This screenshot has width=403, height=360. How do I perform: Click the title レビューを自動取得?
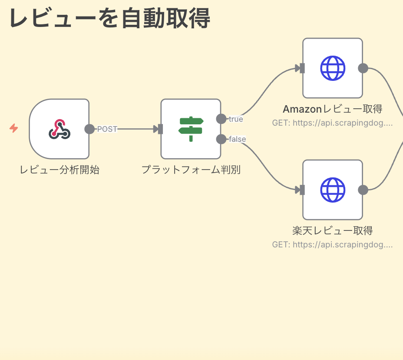[x=109, y=19]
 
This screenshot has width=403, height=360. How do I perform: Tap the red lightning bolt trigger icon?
[x=14, y=128]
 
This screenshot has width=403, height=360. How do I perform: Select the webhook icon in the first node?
[x=59, y=129]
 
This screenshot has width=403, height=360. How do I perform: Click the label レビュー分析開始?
[x=59, y=170]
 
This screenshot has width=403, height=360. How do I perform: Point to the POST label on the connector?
[x=107, y=129]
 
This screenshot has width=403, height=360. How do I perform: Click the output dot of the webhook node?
[x=89, y=129]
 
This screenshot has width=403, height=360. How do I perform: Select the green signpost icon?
[x=191, y=129]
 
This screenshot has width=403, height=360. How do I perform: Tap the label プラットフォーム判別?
[x=191, y=170]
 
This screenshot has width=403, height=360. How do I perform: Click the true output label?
[x=236, y=119]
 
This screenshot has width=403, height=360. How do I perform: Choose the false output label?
[x=237, y=139]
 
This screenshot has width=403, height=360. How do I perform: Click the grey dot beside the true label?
[x=221, y=119]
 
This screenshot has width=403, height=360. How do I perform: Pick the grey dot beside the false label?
[x=221, y=139]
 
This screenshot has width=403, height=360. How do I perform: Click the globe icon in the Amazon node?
[x=333, y=68]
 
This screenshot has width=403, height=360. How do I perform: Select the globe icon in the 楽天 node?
[x=333, y=190]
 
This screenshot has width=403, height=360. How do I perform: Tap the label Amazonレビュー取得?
[x=332, y=109]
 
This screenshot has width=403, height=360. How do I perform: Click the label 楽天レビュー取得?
[x=332, y=230]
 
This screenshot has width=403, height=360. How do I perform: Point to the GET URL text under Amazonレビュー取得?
[x=332, y=123]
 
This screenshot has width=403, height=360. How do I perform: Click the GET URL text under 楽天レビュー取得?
[x=332, y=245]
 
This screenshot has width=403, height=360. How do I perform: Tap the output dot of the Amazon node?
[x=363, y=68]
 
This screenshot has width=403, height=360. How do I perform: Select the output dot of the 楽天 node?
[x=363, y=190]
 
